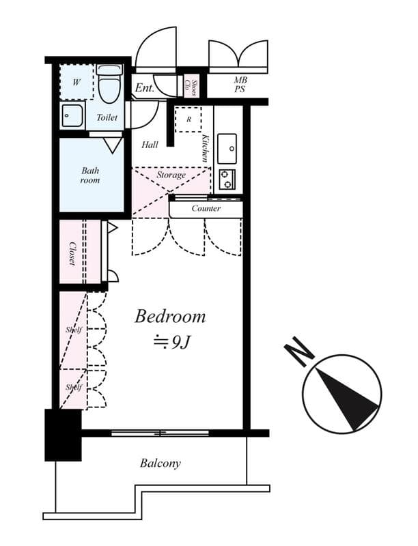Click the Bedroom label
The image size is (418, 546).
click(x=169, y=317)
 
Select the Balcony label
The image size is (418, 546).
click(x=161, y=463)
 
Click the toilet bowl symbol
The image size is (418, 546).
click(x=109, y=85)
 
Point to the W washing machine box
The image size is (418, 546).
click(x=76, y=83)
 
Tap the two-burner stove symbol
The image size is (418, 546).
click(x=227, y=179)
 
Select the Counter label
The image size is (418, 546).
click(x=206, y=208)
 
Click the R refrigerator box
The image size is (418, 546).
click(x=188, y=119)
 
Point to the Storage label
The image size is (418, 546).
click(x=171, y=175)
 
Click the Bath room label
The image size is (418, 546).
click(x=90, y=175)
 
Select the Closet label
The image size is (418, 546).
click(x=71, y=253)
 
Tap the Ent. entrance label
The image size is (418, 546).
click(x=143, y=88)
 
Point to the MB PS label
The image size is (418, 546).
click(x=240, y=85)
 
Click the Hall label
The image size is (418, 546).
click(x=150, y=145)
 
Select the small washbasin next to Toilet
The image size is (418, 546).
click(x=72, y=116)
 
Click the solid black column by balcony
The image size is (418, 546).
click(x=63, y=435)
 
